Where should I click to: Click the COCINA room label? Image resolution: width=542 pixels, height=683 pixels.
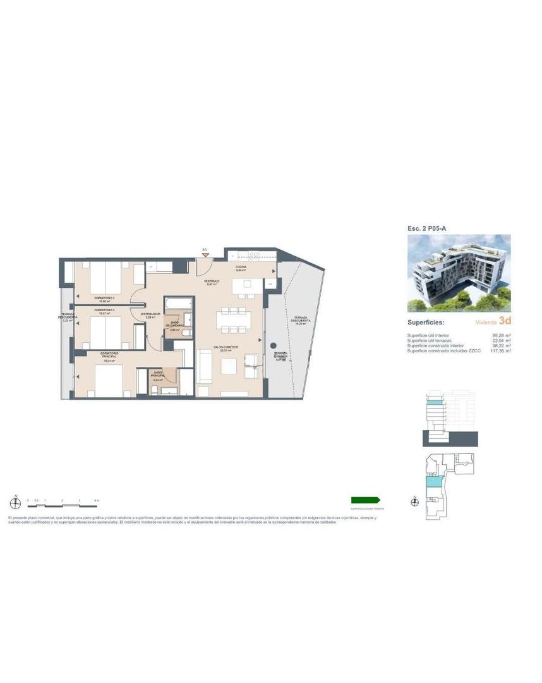241,268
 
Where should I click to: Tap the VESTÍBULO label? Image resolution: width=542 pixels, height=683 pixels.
212,283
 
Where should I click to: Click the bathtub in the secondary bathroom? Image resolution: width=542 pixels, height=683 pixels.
178,305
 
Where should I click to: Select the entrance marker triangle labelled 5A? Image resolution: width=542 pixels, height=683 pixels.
205,255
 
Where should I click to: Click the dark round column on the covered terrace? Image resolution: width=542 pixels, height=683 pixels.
272,346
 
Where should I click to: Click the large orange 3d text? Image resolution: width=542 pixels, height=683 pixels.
504,321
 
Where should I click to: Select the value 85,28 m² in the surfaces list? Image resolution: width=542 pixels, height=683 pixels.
500,336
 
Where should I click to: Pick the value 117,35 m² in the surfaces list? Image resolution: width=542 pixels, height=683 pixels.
499,351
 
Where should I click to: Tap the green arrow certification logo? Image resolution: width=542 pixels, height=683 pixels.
366,500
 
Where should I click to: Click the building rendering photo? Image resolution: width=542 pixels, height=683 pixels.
459,273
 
